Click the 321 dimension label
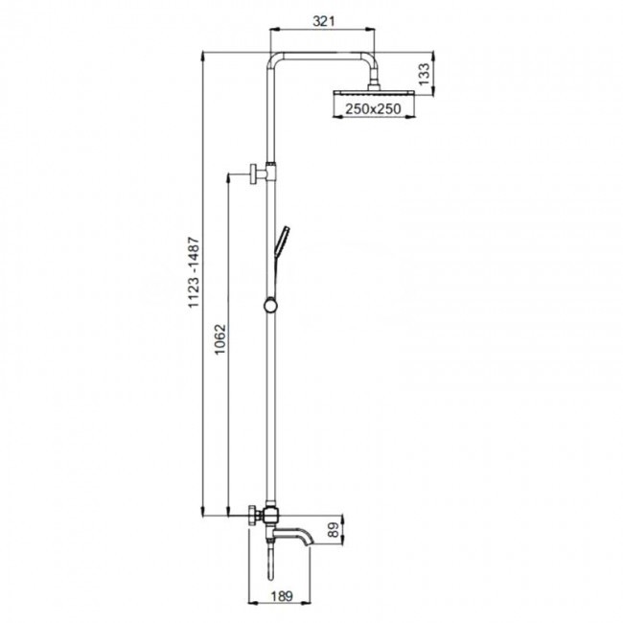point(323,21)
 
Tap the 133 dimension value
point(424,74)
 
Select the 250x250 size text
point(373,109)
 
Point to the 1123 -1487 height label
point(193,272)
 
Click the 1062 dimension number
point(219,339)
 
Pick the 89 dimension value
point(334,530)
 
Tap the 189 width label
point(282,596)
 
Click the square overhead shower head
point(374,94)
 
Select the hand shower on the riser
point(281,240)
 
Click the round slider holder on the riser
point(270,307)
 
